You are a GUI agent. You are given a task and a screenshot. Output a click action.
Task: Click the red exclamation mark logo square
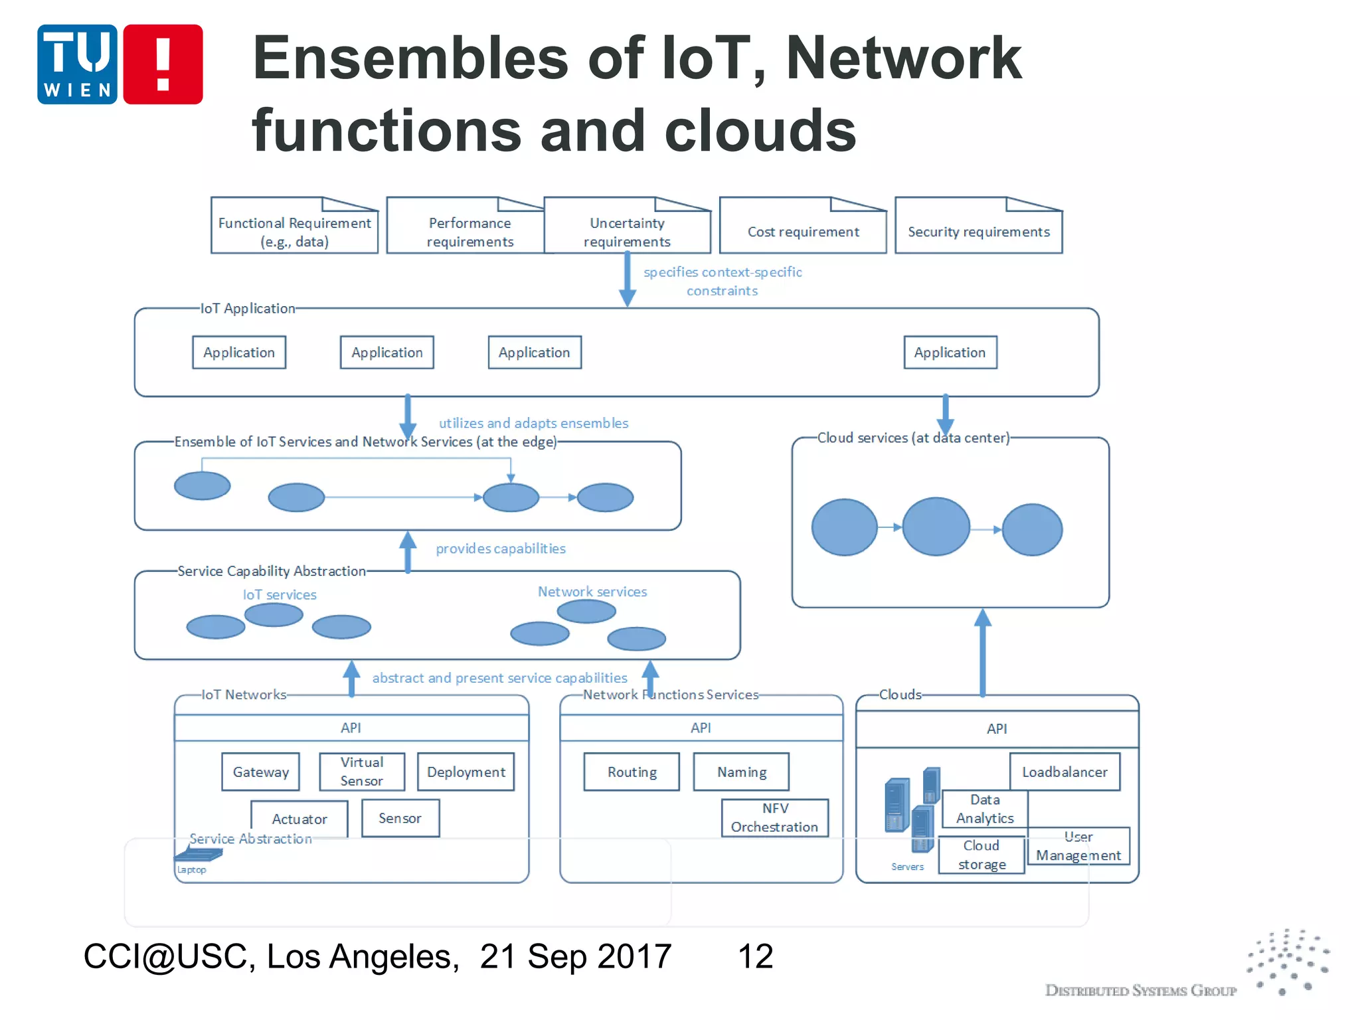[163, 64]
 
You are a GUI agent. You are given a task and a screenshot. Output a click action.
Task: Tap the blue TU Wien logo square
[77, 64]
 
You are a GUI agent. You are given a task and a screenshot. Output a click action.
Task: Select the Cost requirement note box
[803, 226]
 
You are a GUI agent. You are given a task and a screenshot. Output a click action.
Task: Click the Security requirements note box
[978, 226]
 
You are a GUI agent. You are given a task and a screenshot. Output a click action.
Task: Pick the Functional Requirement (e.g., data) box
[294, 226]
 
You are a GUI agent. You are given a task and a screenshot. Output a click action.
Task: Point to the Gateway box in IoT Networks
[261, 772]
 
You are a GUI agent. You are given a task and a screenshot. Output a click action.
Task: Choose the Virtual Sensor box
[362, 772]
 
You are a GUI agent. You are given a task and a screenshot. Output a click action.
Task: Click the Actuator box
[299, 819]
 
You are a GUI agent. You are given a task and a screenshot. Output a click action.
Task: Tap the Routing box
[632, 772]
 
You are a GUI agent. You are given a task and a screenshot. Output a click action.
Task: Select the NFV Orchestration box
[775, 817]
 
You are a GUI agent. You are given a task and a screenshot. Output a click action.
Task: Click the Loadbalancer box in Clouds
[1064, 772]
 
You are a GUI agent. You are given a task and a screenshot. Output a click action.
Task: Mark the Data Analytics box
[985, 809]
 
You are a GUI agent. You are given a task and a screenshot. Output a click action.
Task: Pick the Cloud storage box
[981, 855]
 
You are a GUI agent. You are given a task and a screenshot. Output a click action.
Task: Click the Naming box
[741, 772]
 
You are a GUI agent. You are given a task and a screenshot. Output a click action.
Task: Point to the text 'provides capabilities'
[501, 549]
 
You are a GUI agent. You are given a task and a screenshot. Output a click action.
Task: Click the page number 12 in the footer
[755, 956]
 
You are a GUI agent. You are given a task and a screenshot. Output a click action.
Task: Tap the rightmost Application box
[950, 353]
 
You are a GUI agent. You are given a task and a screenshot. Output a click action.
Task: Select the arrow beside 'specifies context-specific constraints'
[627, 279]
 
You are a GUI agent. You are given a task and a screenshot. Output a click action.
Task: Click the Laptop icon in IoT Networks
[198, 855]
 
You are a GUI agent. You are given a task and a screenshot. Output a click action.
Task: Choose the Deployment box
[466, 772]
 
